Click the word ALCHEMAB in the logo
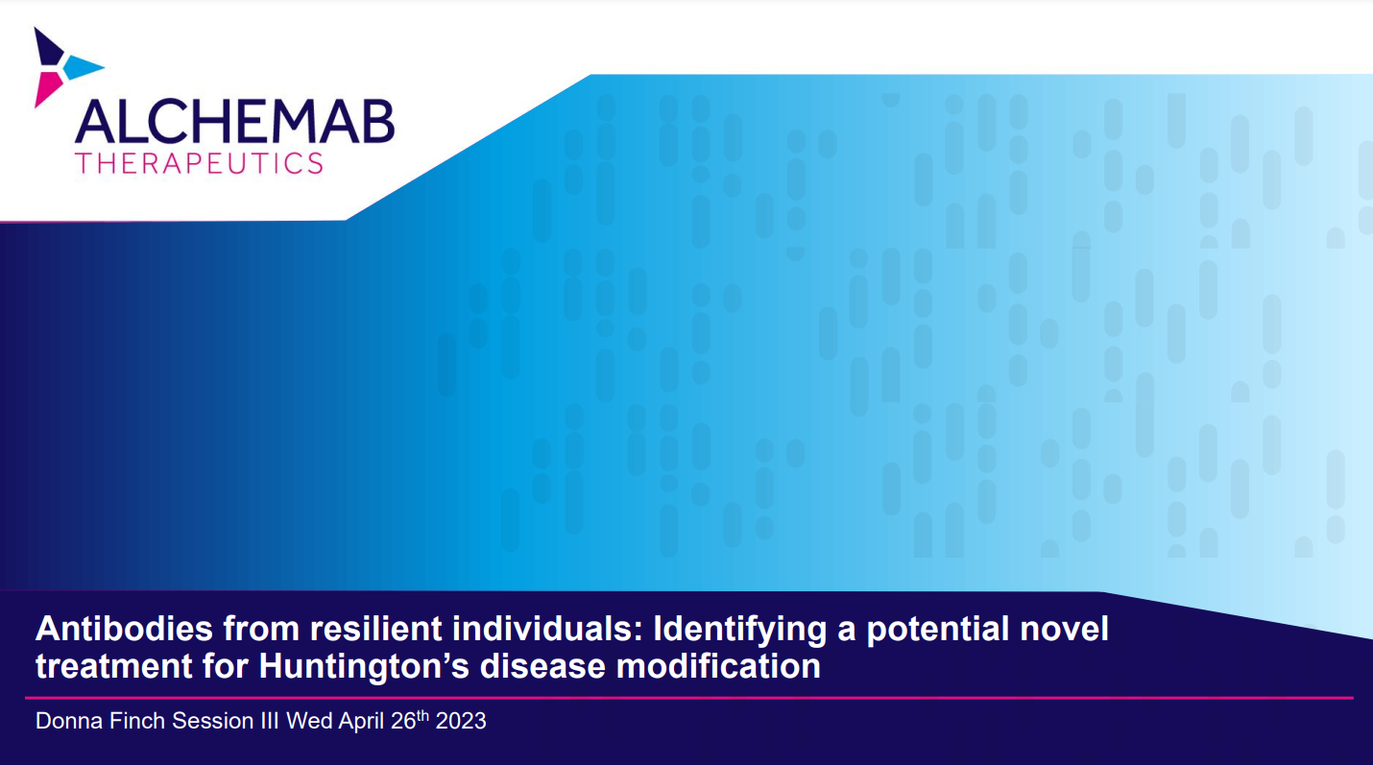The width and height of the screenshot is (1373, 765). [x=235, y=121]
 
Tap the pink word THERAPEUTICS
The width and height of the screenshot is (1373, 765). [x=199, y=163]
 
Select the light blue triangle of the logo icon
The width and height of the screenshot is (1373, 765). [x=84, y=68]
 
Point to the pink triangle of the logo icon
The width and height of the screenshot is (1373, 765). [x=47, y=87]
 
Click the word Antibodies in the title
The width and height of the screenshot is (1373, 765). [x=125, y=629]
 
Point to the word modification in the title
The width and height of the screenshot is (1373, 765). [x=718, y=666]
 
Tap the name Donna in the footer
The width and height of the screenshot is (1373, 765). [x=69, y=721]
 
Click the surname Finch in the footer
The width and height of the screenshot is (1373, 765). [x=137, y=721]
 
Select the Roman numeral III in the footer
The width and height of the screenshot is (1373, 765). [x=270, y=721]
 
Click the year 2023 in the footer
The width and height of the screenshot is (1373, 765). [x=460, y=721]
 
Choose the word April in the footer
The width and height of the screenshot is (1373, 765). [x=361, y=722]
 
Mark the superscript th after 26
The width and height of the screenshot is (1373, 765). [x=422, y=715]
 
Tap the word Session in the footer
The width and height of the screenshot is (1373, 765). [x=213, y=721]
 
